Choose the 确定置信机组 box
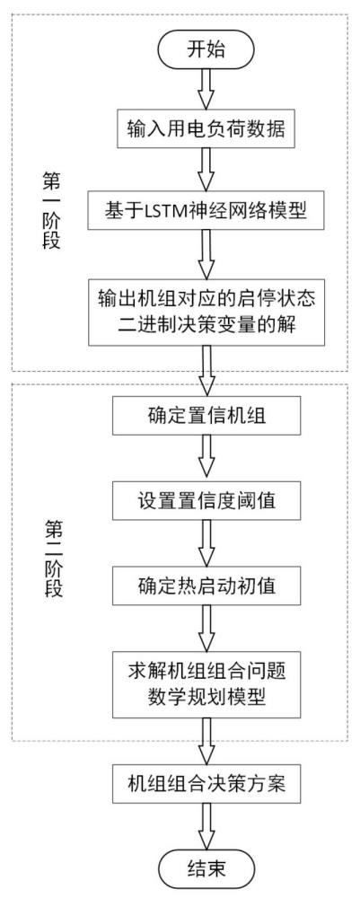click(x=207, y=418)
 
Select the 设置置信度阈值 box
click(x=207, y=499)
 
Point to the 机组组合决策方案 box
click(x=207, y=778)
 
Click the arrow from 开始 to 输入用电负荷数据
click(x=207, y=88)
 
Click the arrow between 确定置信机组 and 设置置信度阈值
click(x=207, y=459)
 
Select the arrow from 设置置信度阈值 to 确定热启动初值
click(x=207, y=541)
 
